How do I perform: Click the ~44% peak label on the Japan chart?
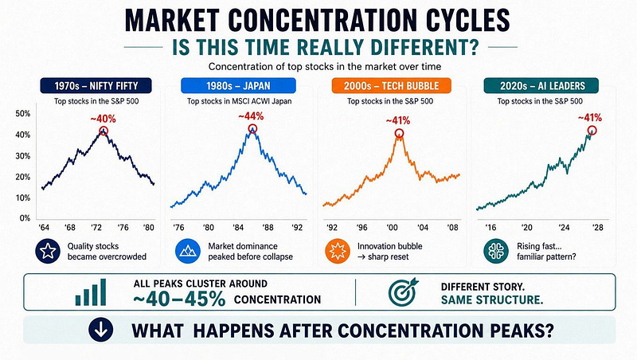click(x=251, y=116)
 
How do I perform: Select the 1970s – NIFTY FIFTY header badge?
click(x=96, y=86)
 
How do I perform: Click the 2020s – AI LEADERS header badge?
click(x=541, y=86)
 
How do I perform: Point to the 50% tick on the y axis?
click(x=23, y=114)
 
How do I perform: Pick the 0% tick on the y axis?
click(x=25, y=218)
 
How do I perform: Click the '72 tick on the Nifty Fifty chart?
click(x=96, y=228)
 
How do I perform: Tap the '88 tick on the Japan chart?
click(x=268, y=228)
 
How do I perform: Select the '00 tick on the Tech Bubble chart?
click(x=393, y=228)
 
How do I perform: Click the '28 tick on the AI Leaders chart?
click(x=598, y=228)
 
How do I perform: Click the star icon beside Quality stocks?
click(x=48, y=251)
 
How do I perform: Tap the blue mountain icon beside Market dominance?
click(x=188, y=251)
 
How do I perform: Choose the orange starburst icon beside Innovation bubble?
click(x=338, y=251)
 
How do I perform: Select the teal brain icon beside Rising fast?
click(x=496, y=251)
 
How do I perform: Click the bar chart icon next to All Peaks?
click(x=91, y=292)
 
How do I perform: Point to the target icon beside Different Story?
click(x=403, y=292)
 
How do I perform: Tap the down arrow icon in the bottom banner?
click(x=101, y=330)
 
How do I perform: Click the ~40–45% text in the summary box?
click(x=179, y=299)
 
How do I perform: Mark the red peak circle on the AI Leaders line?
click(x=592, y=131)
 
